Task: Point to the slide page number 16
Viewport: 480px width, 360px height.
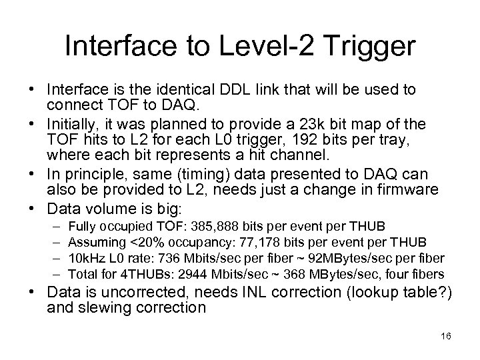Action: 445,337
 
